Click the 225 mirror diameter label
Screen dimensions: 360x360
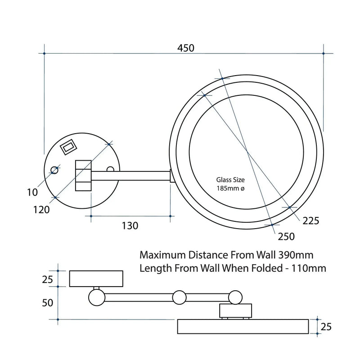[310, 221]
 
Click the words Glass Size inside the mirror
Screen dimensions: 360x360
[230, 180]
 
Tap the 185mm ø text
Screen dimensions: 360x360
[231, 189]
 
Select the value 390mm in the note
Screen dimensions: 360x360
[296, 255]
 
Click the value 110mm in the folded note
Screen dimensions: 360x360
[309, 268]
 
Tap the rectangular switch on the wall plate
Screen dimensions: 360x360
[68, 146]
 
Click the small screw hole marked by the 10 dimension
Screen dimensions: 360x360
[54, 170]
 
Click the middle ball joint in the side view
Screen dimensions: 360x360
[180, 297]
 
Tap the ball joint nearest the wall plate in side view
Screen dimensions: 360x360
[96, 297]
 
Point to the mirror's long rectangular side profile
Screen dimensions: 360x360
[243, 326]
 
